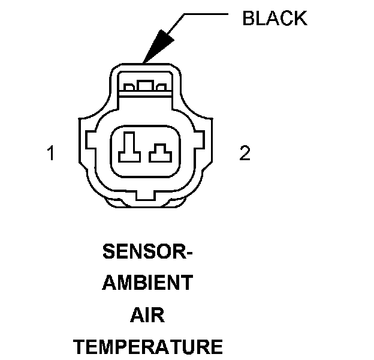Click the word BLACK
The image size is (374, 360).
click(274, 19)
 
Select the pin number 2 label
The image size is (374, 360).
click(245, 154)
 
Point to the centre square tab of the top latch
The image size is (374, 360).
click(144, 86)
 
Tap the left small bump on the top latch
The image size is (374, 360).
click(127, 88)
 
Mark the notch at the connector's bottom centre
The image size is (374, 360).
click(145, 196)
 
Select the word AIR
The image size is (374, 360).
click(147, 315)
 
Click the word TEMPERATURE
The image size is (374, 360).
click(147, 346)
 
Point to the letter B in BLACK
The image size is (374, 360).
click(247, 19)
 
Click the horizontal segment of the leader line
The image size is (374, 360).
click(207, 13)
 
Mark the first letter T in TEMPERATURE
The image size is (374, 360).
click(78, 346)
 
